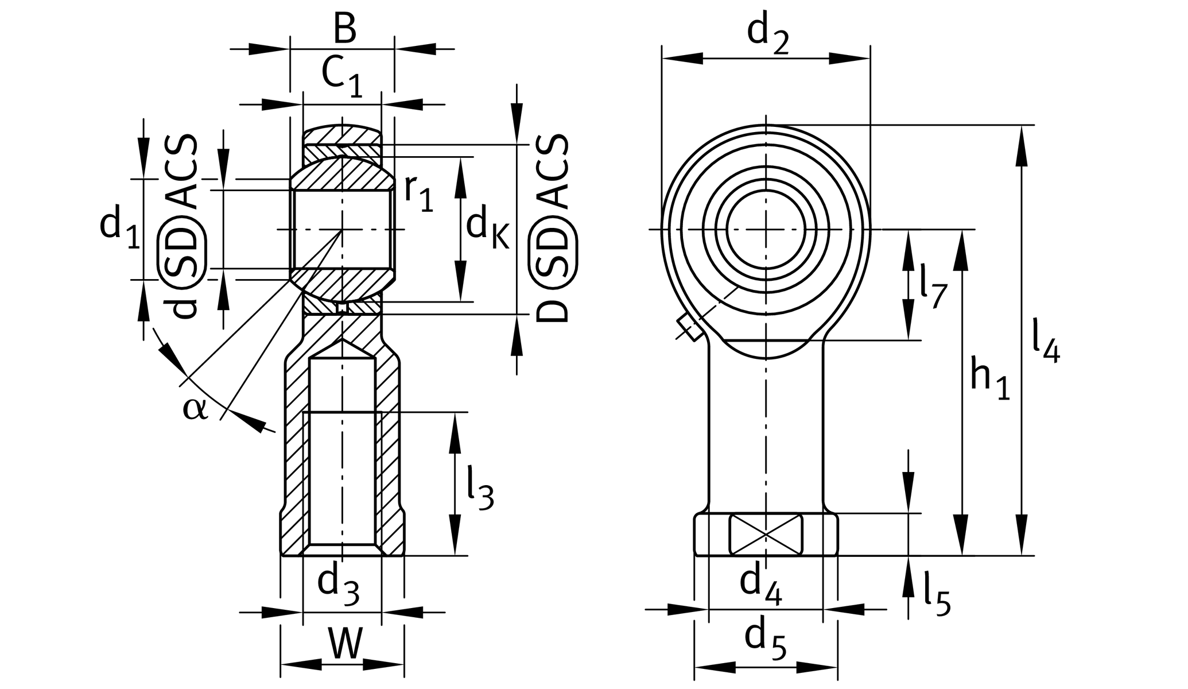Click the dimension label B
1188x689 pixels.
click(344, 29)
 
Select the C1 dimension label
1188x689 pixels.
click(342, 76)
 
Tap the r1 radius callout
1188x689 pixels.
click(418, 193)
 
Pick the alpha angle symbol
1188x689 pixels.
click(195, 409)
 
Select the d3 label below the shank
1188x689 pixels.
click(338, 584)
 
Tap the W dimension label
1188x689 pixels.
click(345, 644)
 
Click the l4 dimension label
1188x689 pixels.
click(1045, 342)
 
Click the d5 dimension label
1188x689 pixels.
click(765, 638)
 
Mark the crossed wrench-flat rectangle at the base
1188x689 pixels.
click(766, 535)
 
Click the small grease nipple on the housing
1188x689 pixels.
click(689, 328)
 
